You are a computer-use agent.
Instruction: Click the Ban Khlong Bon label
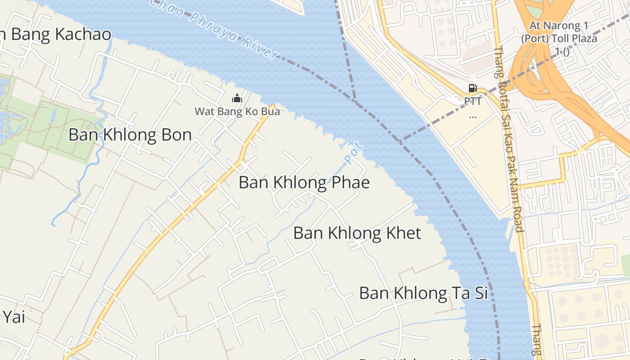click(x=130, y=135)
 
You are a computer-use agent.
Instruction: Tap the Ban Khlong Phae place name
click(x=304, y=183)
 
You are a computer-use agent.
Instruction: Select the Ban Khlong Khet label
click(x=357, y=233)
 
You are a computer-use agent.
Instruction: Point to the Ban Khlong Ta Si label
click(x=423, y=293)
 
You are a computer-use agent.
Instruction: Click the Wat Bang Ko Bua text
click(x=237, y=111)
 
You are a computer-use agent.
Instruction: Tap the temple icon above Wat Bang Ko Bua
click(x=237, y=98)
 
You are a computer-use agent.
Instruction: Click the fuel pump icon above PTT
click(x=472, y=88)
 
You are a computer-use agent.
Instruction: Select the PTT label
click(x=472, y=102)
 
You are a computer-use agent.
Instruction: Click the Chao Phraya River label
click(x=216, y=29)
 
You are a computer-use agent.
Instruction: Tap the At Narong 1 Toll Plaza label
click(x=559, y=38)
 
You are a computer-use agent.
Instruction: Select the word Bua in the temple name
click(x=270, y=111)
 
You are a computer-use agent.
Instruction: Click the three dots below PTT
click(x=472, y=117)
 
